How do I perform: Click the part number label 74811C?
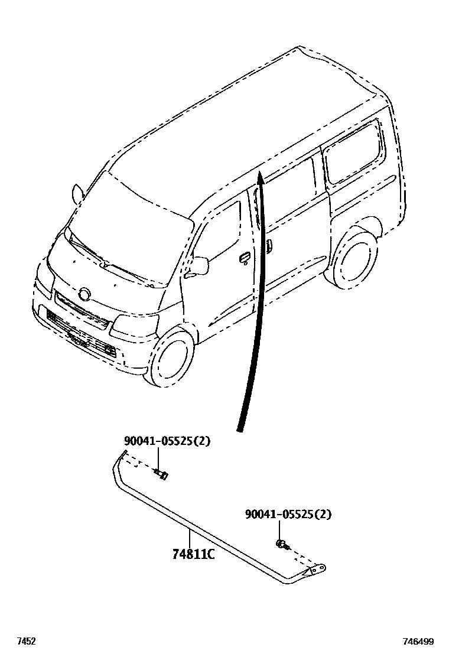coord(193,555)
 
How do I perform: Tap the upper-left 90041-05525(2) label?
coord(167,441)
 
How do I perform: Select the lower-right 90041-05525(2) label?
coord(288,515)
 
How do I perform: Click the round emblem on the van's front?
coord(85,294)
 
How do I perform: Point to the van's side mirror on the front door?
coord(199,266)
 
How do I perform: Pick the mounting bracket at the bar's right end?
coord(315,571)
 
